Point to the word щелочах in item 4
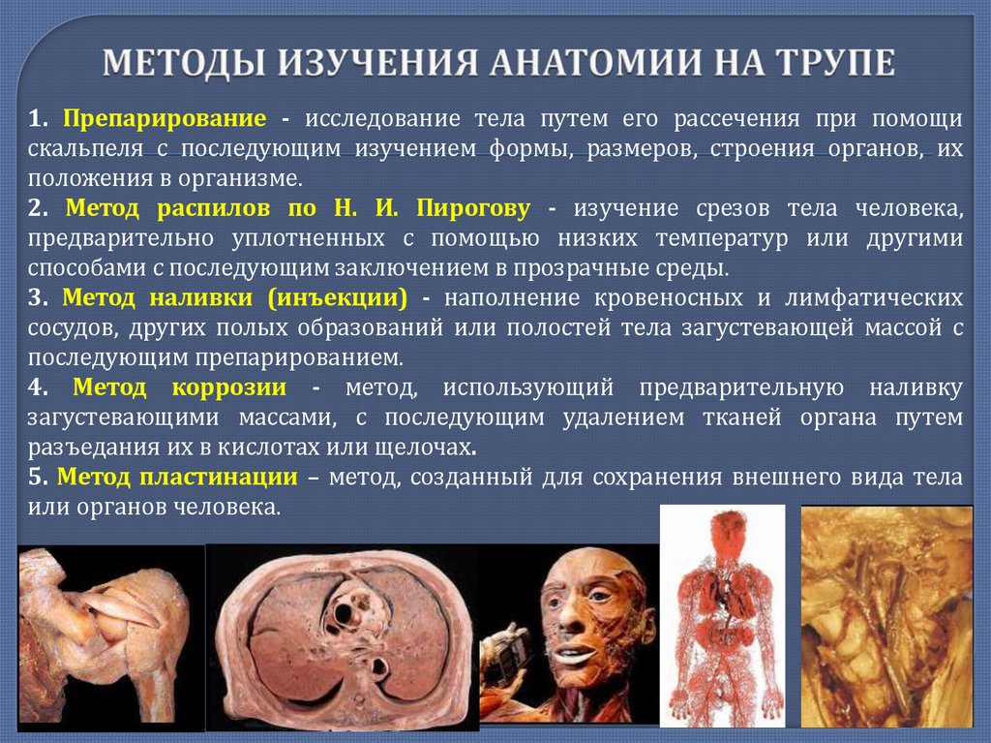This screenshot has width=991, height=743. tap(431, 448)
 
